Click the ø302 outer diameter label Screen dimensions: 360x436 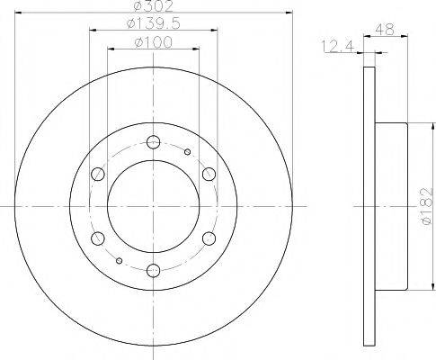(x=153, y=6)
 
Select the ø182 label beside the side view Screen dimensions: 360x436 (x=426, y=204)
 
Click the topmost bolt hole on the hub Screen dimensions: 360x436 (x=153, y=140)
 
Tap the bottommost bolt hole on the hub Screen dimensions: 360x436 (x=153, y=269)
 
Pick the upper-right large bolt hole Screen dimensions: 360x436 (x=209, y=173)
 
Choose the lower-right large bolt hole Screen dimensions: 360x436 (x=209, y=238)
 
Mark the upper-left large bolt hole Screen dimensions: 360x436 (x=97, y=173)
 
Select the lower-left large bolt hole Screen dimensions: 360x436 (x=97, y=238)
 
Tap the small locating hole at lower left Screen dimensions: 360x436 (x=120, y=258)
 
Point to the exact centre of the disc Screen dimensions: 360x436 (x=153, y=205)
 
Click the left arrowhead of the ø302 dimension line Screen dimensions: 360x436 (x=20, y=13)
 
